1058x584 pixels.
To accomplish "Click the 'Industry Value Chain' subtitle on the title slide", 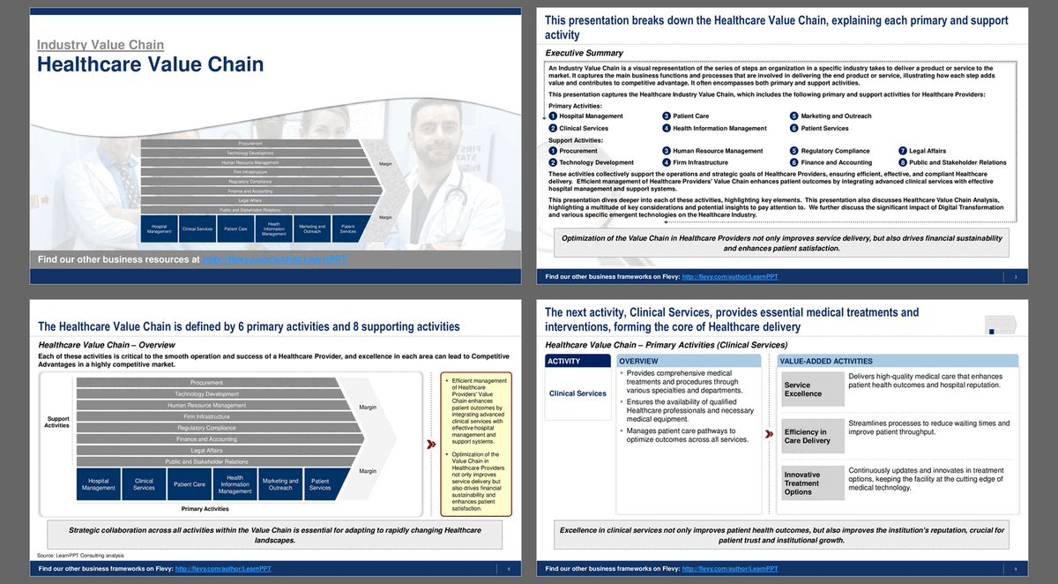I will (100, 45).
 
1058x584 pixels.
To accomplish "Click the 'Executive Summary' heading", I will (584, 54).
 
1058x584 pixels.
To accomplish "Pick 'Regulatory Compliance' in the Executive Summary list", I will (835, 151).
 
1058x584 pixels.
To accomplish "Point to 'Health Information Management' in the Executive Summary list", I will (719, 128).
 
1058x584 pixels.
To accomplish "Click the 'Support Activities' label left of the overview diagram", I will (56, 422).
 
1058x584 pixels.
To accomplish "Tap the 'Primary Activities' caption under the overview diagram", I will (204, 509).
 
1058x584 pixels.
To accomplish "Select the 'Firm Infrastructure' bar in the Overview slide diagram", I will (206, 416).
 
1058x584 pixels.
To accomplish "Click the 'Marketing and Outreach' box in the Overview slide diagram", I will (280, 484).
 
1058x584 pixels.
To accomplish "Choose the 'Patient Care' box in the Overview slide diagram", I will (189, 484).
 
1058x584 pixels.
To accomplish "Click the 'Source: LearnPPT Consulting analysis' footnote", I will (80, 556).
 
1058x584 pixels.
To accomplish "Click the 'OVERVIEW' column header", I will (687, 361).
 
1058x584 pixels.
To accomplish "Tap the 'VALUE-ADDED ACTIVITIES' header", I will (898, 361).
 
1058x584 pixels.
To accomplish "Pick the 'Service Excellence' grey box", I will (812, 390).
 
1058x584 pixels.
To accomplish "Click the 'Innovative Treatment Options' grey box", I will (812, 483).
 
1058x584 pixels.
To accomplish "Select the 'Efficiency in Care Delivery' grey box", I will (812, 437).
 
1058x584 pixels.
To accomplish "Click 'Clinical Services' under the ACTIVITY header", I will (577, 393).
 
